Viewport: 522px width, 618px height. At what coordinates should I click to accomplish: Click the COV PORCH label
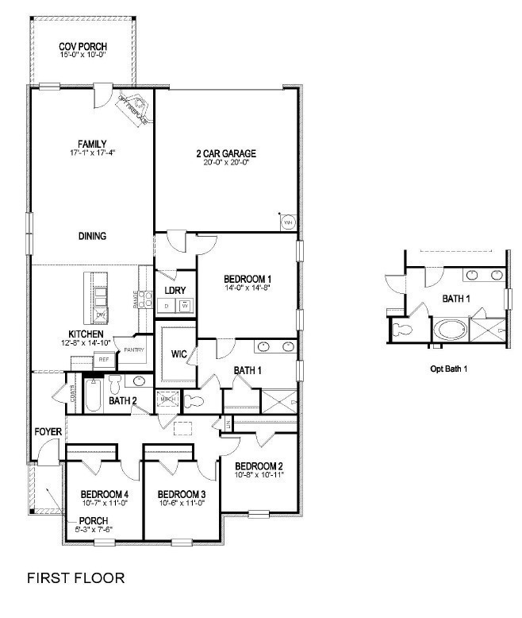click(x=83, y=47)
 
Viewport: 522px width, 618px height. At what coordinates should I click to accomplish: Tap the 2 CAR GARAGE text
click(x=226, y=153)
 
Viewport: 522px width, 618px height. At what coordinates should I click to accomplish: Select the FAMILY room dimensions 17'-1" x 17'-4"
click(x=92, y=152)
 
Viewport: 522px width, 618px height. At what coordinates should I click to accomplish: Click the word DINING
click(x=92, y=236)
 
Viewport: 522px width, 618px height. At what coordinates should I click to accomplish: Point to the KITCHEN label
click(x=86, y=334)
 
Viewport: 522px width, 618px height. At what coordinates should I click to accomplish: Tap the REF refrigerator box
click(x=103, y=360)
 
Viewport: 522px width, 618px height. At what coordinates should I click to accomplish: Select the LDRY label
click(x=175, y=291)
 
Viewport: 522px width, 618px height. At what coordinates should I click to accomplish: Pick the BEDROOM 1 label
click(x=248, y=278)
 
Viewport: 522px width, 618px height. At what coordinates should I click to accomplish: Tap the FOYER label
click(x=48, y=431)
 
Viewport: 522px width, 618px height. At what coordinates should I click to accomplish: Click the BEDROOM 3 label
click(x=181, y=493)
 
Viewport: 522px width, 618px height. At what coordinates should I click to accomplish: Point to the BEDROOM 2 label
click(x=259, y=465)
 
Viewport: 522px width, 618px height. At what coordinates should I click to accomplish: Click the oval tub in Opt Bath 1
click(x=449, y=330)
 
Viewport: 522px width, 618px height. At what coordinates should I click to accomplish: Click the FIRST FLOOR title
click(x=76, y=577)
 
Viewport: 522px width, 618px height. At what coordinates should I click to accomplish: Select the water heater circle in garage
click(x=289, y=223)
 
